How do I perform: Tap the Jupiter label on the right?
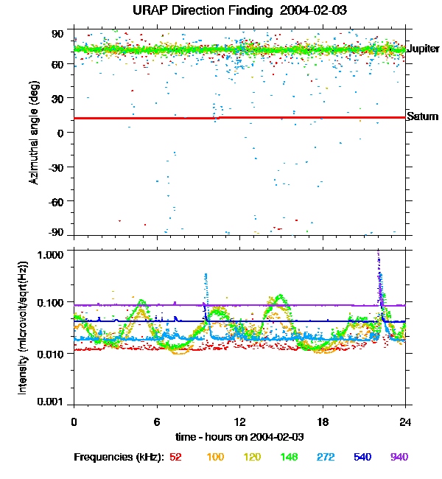pos(423,49)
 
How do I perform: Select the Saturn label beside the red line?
pos(423,116)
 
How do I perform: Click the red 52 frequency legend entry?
pos(175,457)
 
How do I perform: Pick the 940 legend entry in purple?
pos(399,457)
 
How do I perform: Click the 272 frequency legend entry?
pos(326,457)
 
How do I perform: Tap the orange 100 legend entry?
pos(215,457)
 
